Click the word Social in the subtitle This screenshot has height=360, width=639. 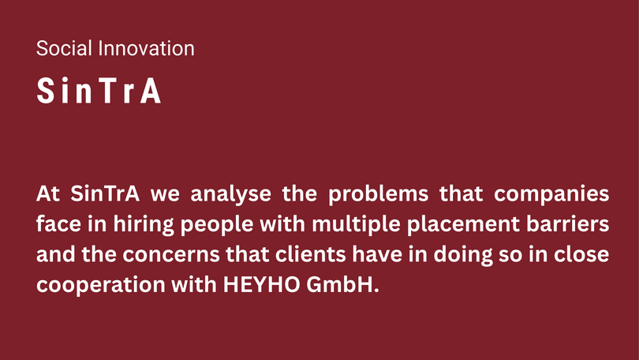[x=64, y=48]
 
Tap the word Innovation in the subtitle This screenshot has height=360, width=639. [x=146, y=48]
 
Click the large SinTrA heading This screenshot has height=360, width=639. [x=99, y=91]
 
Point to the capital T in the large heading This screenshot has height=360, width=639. [x=106, y=91]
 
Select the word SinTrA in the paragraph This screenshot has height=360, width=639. [x=105, y=193]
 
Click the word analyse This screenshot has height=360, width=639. [x=230, y=194]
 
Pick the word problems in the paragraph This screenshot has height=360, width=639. [x=378, y=194]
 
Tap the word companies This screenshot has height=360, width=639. [x=551, y=194]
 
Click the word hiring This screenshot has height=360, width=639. [x=144, y=225]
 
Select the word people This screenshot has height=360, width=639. [x=217, y=225]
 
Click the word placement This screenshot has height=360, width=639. [x=463, y=225]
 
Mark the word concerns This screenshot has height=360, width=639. [x=171, y=254]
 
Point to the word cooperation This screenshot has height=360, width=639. [x=101, y=285]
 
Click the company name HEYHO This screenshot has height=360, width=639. [x=262, y=284]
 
